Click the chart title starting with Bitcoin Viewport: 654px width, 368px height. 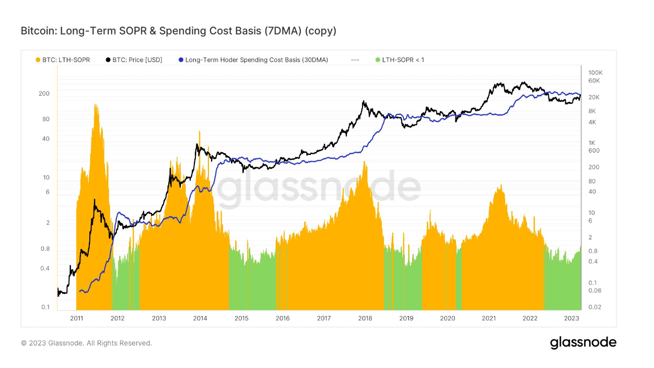pos(178,31)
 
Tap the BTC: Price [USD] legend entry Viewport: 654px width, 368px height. pos(134,60)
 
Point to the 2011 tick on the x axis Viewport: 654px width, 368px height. pos(77,318)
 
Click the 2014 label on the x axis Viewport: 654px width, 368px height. pos(200,318)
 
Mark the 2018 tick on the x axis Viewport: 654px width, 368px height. pos(365,318)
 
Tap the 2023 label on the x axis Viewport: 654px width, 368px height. pos(571,318)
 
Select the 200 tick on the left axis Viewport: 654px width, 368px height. pos(44,94)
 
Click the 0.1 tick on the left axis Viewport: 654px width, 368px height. pos(46,307)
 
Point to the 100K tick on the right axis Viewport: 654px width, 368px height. pos(595,72)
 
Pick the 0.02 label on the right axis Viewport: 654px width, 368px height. pos(594,307)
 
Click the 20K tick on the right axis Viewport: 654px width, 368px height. pos(593,97)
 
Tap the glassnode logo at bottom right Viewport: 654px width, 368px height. pos(583,343)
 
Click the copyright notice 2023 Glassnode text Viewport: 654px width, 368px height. pos(86,343)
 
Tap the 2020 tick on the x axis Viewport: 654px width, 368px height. pos(447,318)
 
